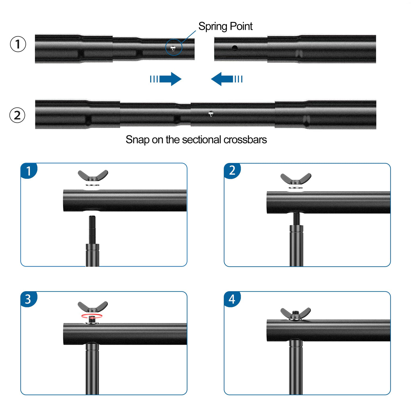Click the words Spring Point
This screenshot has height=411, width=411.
click(225, 26)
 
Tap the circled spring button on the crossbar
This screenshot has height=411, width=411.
click(173, 48)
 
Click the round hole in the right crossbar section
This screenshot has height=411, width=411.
click(235, 48)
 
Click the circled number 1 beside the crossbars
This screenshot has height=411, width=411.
click(18, 44)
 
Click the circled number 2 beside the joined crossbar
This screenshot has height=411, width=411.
click(17, 115)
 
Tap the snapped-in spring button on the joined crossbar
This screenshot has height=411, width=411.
click(211, 114)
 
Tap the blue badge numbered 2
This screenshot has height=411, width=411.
click(232, 171)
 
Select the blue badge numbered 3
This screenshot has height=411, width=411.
click(28, 299)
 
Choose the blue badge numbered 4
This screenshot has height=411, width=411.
click(232, 299)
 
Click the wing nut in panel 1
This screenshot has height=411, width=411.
click(93, 176)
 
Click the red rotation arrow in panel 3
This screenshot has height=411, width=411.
click(92, 316)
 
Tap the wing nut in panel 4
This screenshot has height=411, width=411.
click(295, 313)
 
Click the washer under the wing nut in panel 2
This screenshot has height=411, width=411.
click(296, 187)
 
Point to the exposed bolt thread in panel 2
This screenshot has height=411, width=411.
click(296, 218)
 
